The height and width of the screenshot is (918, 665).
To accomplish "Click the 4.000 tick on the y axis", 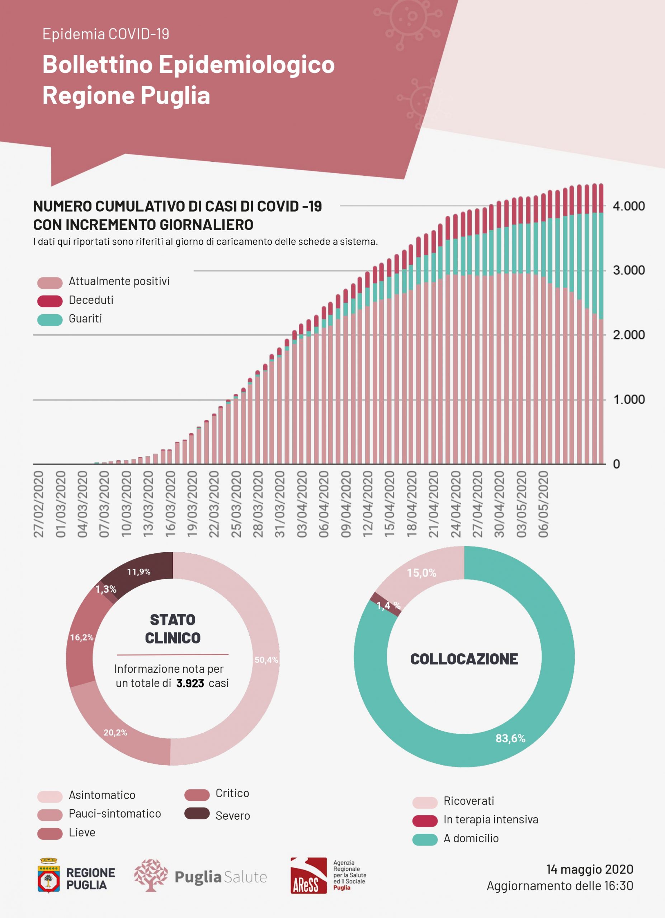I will click(x=628, y=206).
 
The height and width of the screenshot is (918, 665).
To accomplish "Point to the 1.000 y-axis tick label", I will click(x=628, y=399).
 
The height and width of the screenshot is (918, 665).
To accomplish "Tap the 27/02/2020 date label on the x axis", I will click(x=38, y=504).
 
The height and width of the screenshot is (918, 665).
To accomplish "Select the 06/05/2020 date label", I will click(x=543, y=504).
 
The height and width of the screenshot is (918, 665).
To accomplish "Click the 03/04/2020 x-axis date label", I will click(x=302, y=504).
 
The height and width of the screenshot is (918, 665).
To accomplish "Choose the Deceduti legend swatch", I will click(x=50, y=301).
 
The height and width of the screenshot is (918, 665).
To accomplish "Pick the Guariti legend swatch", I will click(x=50, y=320).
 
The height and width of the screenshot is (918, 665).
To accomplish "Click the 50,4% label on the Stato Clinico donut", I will click(x=266, y=660).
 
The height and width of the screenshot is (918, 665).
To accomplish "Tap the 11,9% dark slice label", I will click(x=139, y=572).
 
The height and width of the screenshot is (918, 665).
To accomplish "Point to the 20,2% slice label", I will click(x=115, y=733).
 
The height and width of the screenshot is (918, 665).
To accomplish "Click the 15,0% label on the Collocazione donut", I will click(x=421, y=573).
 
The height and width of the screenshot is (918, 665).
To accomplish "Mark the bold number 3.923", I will click(x=190, y=683).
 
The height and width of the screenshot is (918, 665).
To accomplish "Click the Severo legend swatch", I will click(x=197, y=813).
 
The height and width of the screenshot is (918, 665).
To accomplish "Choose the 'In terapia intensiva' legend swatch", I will click(x=425, y=820).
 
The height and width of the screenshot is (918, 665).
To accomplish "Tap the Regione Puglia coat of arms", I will click(x=48, y=875).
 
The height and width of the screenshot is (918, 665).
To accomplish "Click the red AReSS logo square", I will click(x=308, y=875).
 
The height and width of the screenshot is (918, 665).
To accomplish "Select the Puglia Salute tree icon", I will click(x=151, y=875).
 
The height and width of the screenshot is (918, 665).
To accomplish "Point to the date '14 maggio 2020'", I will click(x=589, y=869).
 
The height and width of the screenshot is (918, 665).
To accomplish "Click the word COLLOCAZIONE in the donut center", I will click(x=464, y=659).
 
